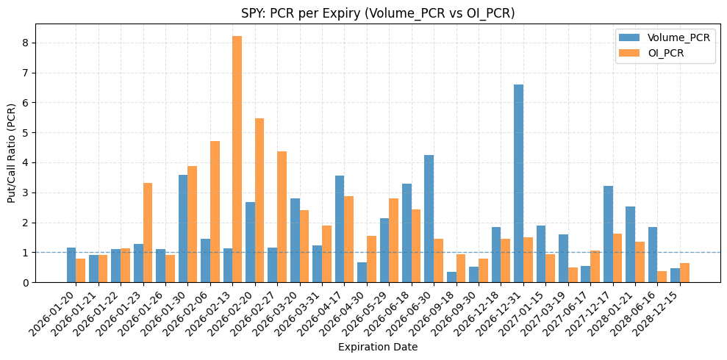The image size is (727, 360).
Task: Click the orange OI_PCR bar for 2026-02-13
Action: [237, 159]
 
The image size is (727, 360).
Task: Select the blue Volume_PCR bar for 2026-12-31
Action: [518, 183]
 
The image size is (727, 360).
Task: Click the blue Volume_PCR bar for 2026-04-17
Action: [340, 228]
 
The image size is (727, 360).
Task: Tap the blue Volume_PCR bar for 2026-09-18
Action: [451, 277]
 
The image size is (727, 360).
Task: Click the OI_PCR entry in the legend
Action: [666, 52]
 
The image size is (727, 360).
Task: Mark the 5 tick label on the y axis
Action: [25, 133]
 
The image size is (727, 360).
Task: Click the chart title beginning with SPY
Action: [378, 13]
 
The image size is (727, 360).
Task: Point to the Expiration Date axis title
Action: [378, 347]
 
